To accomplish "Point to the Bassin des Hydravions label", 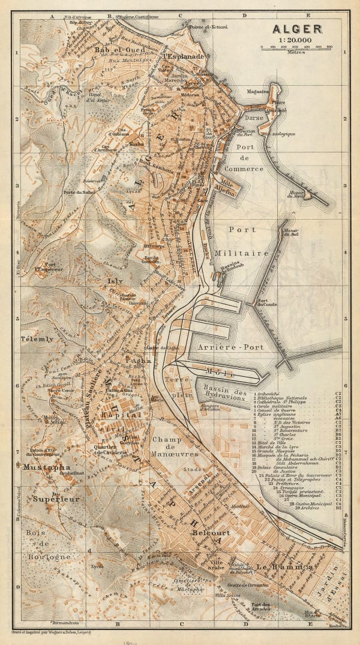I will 225,398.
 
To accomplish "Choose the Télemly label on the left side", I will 37,338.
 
